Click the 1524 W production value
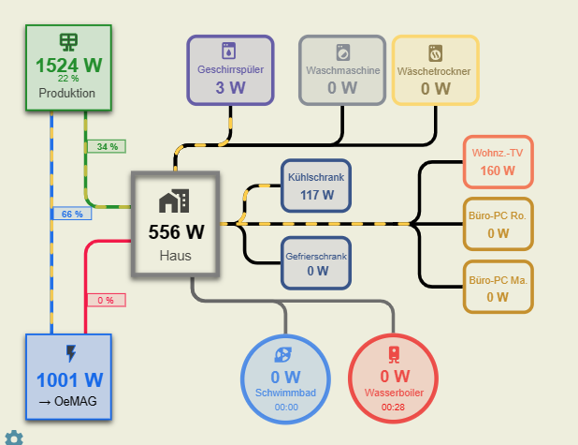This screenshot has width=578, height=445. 68,66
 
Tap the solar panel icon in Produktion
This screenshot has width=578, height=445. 68,42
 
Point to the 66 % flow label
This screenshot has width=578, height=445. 72,214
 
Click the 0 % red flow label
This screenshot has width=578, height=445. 106,300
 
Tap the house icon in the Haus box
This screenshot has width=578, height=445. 174,200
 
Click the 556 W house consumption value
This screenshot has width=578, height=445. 175,231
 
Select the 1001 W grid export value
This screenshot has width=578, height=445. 68,380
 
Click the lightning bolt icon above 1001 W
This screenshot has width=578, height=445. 69,354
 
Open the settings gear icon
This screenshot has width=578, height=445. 13,437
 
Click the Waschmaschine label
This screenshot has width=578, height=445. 342,70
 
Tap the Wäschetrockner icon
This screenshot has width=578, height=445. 435,51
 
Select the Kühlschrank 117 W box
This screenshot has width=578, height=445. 316,186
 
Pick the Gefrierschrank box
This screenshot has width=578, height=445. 316,262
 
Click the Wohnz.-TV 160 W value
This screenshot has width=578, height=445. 498,171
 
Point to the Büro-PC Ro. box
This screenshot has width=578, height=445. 498,224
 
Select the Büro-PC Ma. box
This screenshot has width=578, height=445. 498,287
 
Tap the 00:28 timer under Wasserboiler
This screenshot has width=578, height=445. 394,407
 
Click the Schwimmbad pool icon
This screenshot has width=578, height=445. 286,354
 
